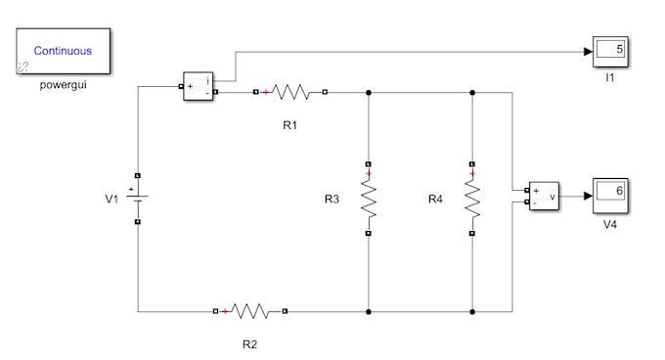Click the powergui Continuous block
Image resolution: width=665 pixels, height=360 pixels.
click(x=62, y=51)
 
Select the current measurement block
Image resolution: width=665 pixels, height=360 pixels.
click(x=199, y=86)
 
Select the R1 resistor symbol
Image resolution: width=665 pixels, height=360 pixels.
click(x=290, y=93)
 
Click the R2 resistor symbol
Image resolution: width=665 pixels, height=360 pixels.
click(x=249, y=311)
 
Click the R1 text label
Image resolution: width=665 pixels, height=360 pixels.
click(x=289, y=126)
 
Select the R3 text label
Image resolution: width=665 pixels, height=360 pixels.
click(x=332, y=200)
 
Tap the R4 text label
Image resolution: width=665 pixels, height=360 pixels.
click(x=435, y=200)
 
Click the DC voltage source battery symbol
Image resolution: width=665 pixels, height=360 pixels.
click(x=138, y=198)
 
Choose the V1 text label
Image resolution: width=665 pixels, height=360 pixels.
click(x=111, y=200)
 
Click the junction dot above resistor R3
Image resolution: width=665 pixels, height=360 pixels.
click(x=369, y=93)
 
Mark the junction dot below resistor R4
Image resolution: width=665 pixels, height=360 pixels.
click(x=472, y=311)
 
